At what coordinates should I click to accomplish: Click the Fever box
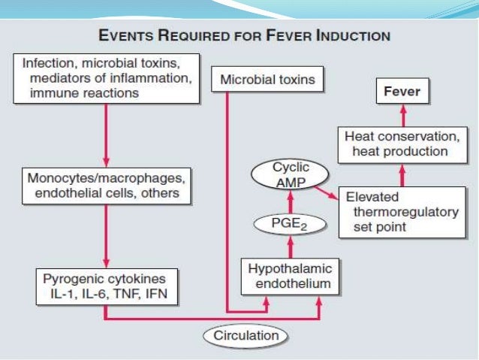(402, 93)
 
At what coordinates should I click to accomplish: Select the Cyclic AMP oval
(291, 175)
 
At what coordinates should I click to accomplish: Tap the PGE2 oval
(291, 223)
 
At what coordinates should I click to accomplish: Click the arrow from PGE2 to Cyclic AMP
(291, 201)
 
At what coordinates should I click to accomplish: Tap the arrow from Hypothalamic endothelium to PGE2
(291, 246)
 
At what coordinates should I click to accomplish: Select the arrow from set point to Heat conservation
(402, 175)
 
